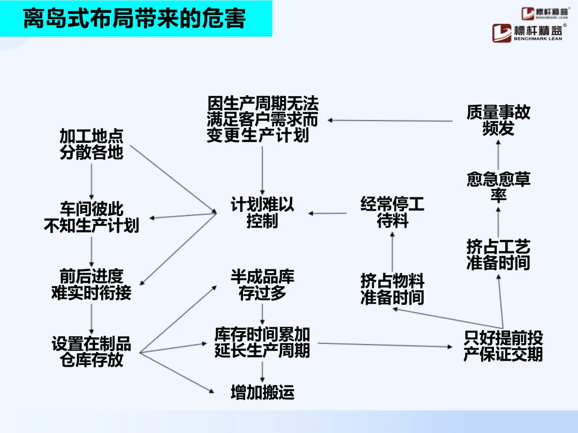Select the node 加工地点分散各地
(92, 144)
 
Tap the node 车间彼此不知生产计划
(92, 216)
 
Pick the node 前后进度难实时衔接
(92, 284)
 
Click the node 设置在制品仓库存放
(92, 351)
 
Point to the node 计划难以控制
(262, 213)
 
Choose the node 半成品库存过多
(262, 284)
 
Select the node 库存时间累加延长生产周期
(262, 342)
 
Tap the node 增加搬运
(262, 393)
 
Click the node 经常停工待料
(392, 212)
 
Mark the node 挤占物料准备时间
(392, 289)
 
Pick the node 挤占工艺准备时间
(498, 255)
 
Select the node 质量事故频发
(498, 120)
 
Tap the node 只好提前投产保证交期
(503, 346)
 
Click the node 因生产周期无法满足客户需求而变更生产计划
(262, 119)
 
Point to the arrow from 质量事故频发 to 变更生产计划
(391, 121)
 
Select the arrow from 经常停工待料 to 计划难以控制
(328, 214)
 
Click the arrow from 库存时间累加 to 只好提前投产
(385, 345)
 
